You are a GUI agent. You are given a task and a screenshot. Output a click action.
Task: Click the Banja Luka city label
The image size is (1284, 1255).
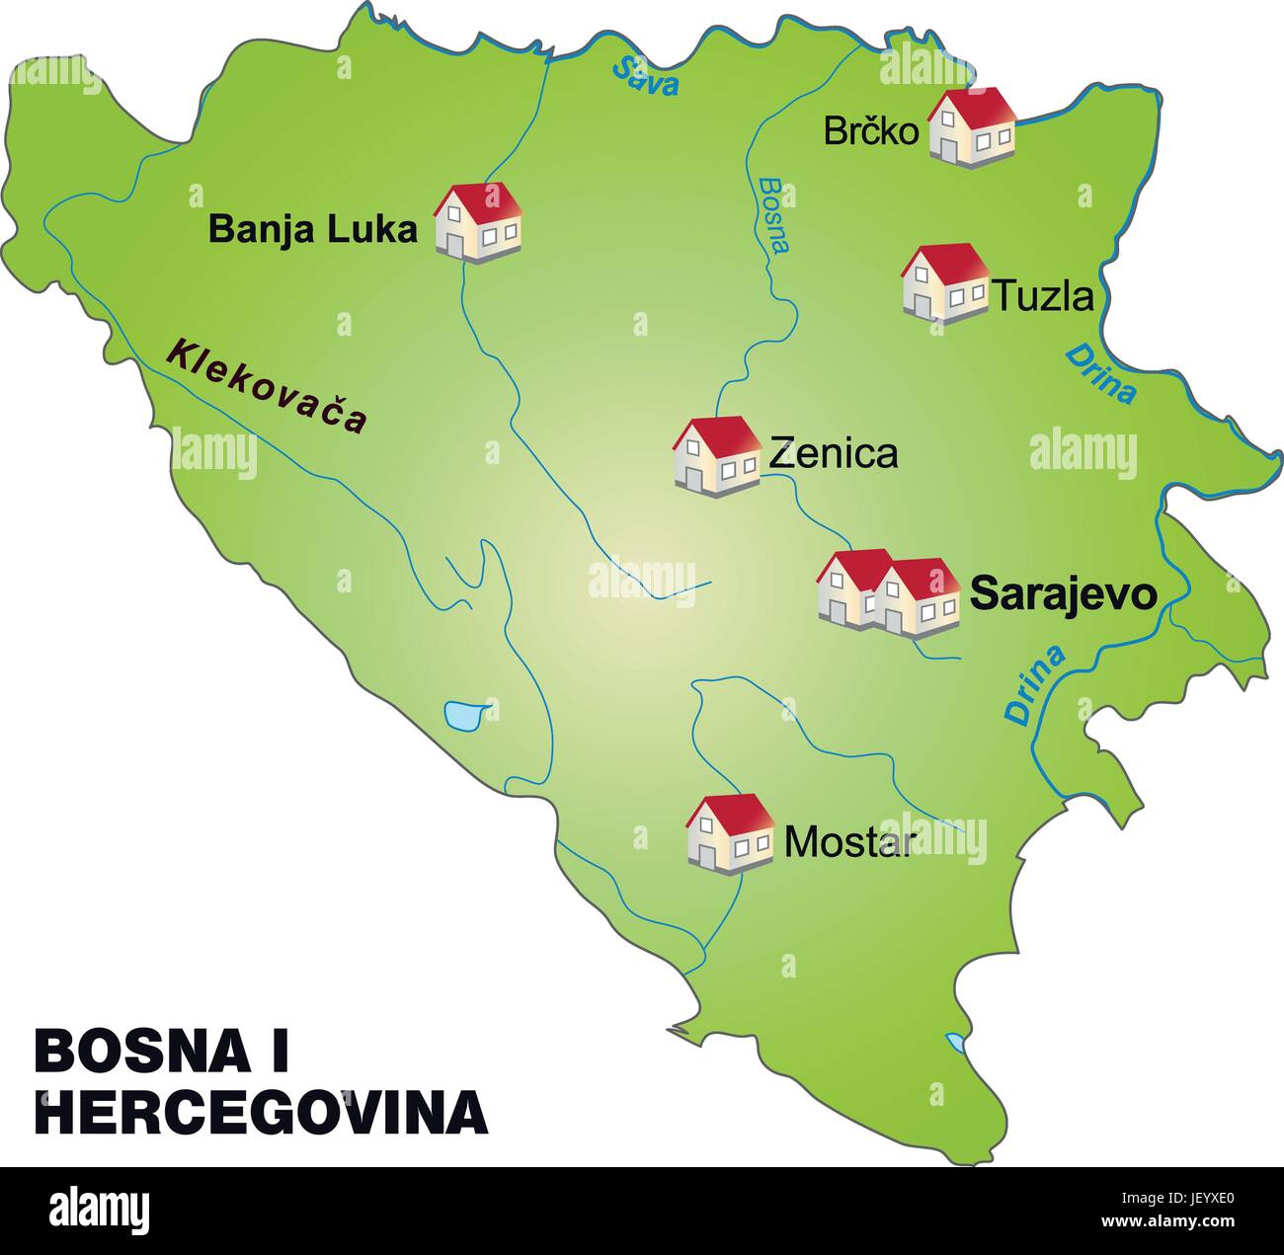point(313,230)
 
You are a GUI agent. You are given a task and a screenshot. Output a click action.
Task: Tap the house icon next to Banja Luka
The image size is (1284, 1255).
point(478,222)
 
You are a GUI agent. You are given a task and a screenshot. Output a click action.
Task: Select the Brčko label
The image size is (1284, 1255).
point(871,131)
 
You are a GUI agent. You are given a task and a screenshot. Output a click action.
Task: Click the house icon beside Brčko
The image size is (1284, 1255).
point(973,127)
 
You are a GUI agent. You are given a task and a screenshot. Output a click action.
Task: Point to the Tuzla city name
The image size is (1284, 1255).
point(1043,296)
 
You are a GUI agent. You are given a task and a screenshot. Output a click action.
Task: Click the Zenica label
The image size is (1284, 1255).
point(833,453)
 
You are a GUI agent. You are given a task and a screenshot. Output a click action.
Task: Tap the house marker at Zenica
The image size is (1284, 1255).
point(716,454)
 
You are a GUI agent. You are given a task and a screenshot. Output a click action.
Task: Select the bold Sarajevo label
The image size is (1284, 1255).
point(1063,593)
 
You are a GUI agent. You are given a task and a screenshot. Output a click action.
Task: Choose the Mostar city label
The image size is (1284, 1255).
point(845,842)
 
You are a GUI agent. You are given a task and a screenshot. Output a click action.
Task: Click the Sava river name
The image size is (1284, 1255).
point(646,76)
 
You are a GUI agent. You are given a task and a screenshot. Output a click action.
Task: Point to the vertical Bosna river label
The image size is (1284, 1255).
point(775,215)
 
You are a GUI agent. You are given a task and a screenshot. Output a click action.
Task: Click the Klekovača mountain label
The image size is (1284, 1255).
point(267,386)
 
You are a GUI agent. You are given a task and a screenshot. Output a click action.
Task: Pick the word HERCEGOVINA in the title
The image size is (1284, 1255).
point(262,1111)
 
